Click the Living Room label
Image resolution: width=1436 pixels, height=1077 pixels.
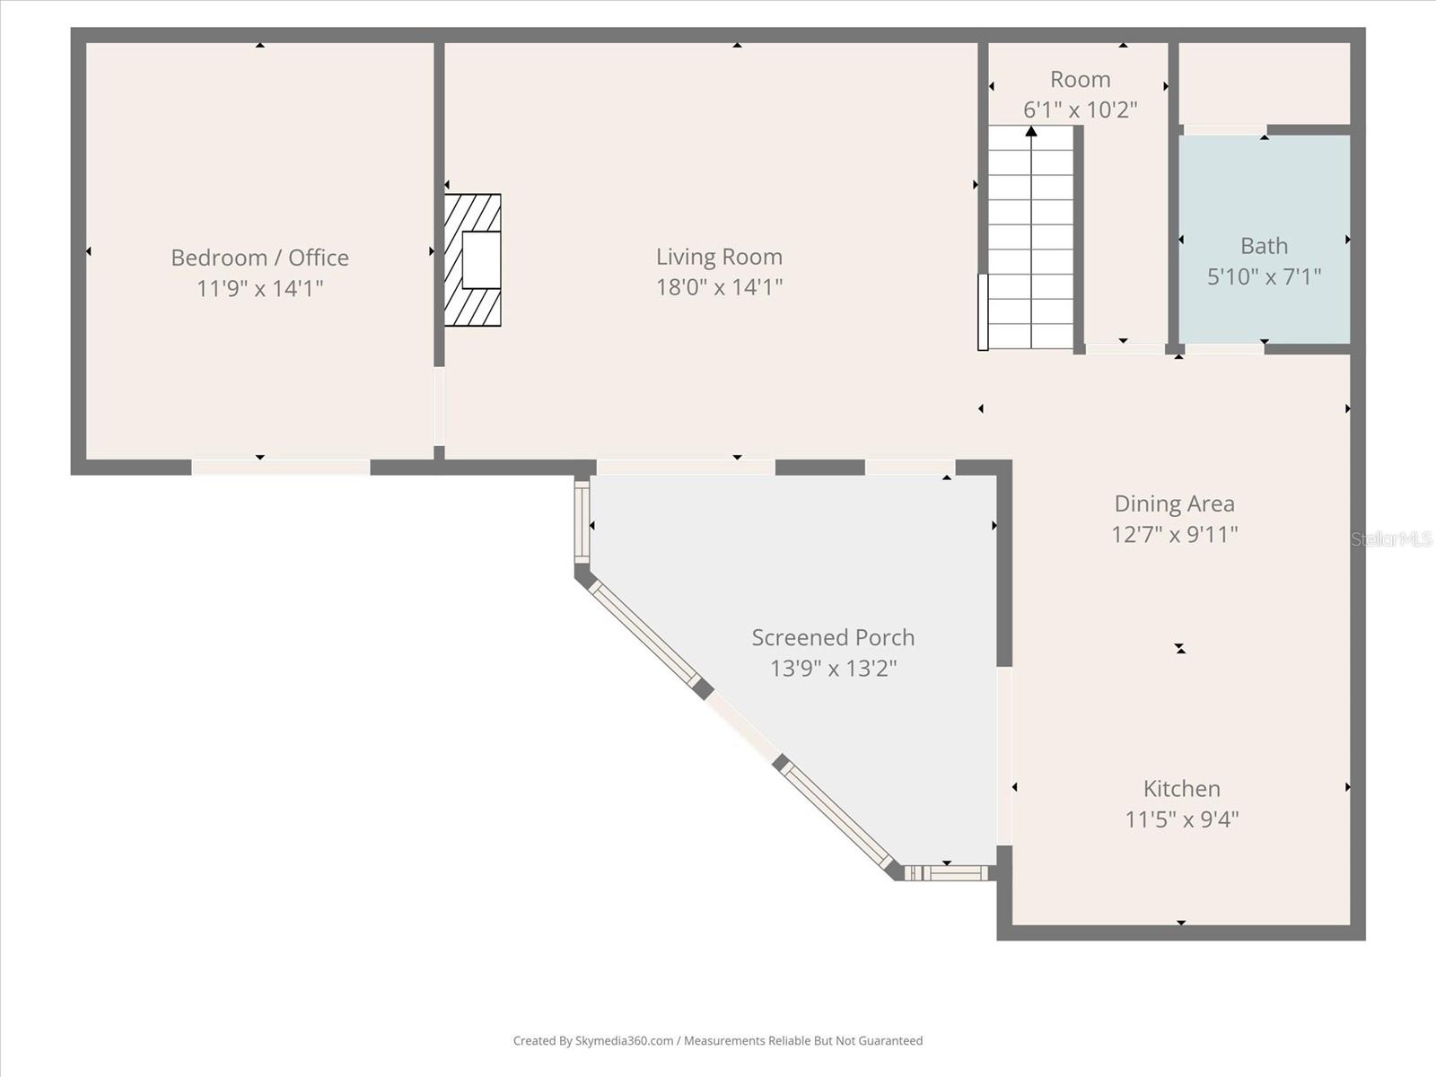click(719, 257)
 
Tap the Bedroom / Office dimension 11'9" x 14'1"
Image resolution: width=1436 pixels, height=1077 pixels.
click(259, 288)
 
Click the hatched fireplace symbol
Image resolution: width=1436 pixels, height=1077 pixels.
click(473, 259)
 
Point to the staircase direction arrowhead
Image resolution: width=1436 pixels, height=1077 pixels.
click(1031, 132)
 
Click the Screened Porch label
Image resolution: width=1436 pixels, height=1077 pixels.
click(833, 637)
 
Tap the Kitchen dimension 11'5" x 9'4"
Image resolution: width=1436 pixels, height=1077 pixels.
click(1181, 819)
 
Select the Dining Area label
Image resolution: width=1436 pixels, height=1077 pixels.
click(1174, 503)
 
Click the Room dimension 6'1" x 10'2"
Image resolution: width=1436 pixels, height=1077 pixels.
click(1080, 109)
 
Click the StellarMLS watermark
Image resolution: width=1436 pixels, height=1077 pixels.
click(1391, 538)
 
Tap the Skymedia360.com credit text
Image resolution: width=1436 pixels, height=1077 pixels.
click(718, 1040)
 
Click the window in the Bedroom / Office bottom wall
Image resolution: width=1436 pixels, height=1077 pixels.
click(280, 467)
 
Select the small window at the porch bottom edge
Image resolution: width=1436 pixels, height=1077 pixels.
click(946, 872)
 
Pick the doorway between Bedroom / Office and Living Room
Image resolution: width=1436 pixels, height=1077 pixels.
click(439, 407)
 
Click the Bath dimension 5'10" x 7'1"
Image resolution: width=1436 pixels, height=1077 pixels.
click(1264, 276)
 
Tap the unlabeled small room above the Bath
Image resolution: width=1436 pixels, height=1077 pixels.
click(1264, 83)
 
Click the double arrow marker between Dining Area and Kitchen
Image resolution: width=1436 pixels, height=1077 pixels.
click(1180, 648)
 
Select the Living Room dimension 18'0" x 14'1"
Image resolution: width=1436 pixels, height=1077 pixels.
click(719, 287)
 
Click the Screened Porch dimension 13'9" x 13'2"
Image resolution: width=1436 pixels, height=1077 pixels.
click(833, 668)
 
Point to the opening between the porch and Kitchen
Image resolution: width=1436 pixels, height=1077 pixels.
click(1004, 756)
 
